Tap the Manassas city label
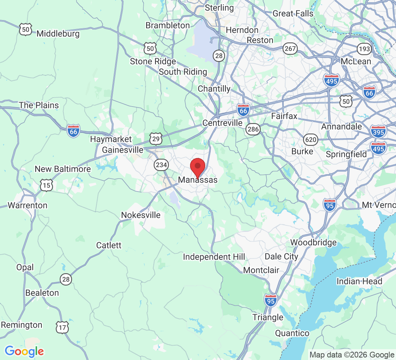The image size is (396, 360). point(198,180)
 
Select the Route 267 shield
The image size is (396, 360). point(290,49)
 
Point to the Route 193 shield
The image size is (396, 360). point(364,49)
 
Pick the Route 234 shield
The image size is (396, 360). point(161,165)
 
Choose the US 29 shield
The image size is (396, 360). point(156,138)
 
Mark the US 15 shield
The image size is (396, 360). point(47,185)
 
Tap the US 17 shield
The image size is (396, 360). point(62,327)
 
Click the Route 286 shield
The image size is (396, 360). point(253,130)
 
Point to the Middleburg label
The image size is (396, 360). point(58,34)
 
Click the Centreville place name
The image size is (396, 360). point(222,123)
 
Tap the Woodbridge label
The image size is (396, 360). point(314,242)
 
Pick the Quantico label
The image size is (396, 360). point(292,333)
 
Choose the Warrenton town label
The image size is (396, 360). point(27,206)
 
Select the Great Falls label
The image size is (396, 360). point(293,14)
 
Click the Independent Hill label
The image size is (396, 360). point(214,257)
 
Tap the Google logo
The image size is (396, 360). point(24,351)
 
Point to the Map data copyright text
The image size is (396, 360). point(352,355)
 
